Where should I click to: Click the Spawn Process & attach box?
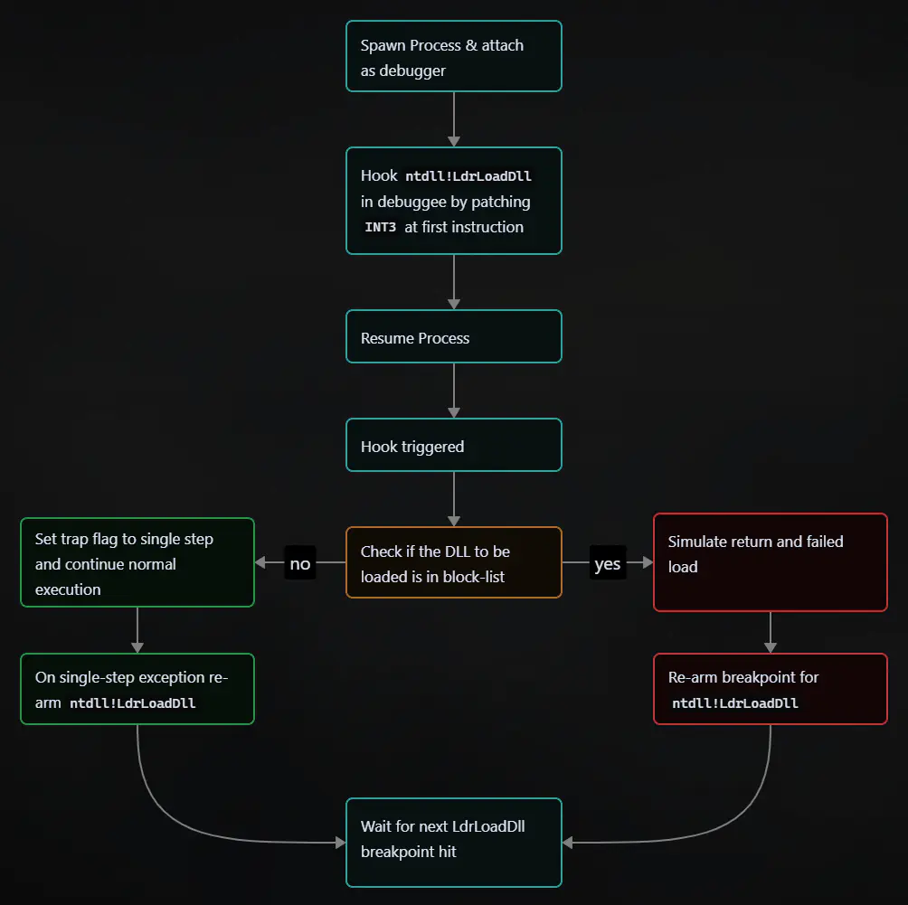[453, 56]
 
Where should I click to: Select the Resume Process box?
[453, 336]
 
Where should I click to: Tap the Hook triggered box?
[453, 445]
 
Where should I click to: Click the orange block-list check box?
[453, 562]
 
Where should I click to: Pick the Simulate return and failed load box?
[770, 562]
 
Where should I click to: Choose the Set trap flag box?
[137, 562]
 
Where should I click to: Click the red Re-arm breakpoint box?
[770, 689]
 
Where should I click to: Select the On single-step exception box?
[137, 689]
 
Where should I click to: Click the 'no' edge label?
[299, 563]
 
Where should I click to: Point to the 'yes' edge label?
[607, 563]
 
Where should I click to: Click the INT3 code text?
[381, 228]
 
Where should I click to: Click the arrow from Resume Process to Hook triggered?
[453, 390]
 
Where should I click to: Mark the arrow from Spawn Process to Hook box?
[453, 118]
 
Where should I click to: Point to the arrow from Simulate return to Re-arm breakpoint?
[770, 632]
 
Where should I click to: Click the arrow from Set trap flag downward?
[137, 629]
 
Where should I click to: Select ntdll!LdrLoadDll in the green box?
[132, 703]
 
